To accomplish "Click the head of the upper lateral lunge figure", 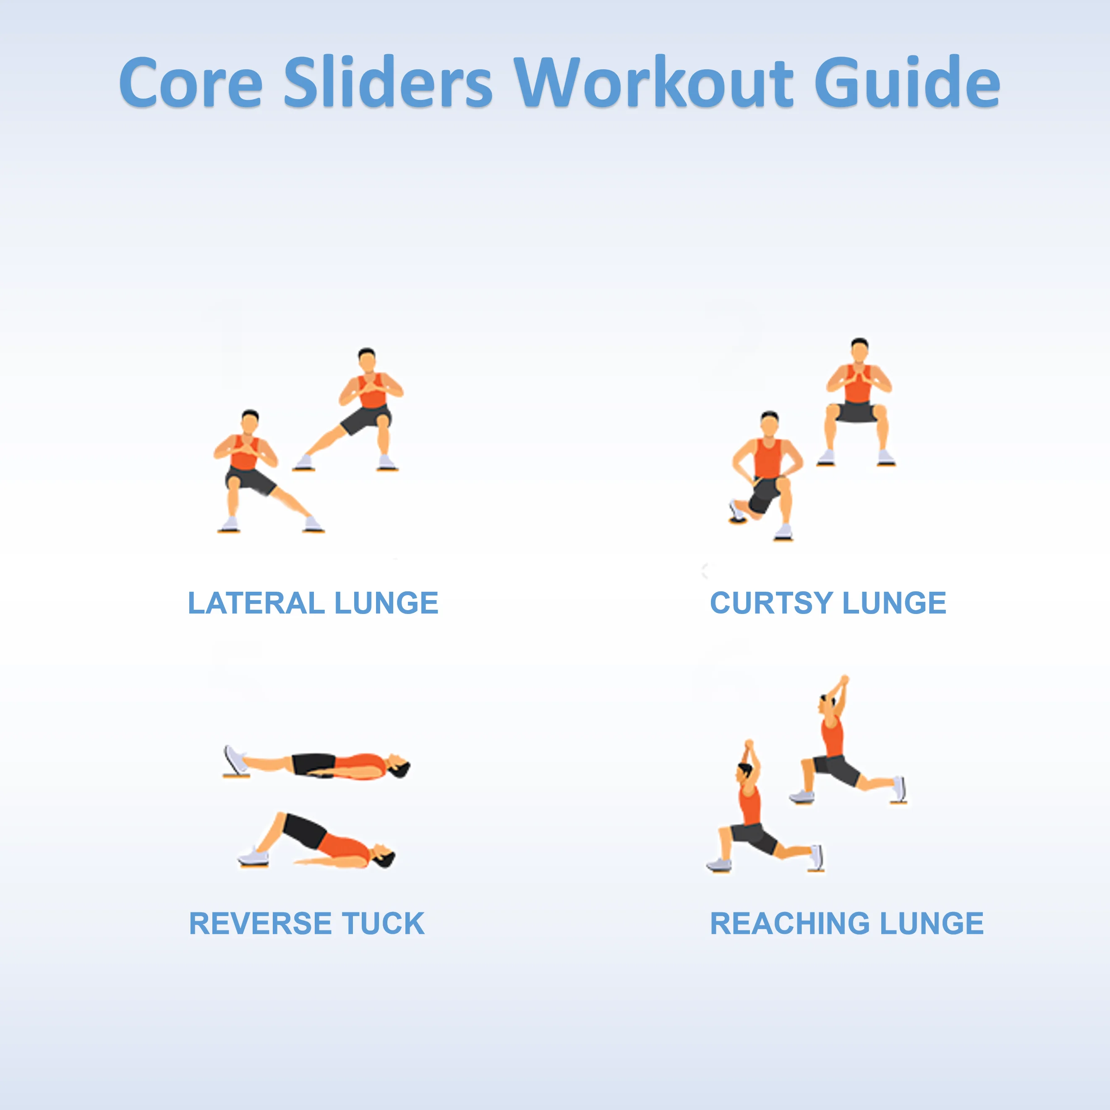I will pyautogui.click(x=366, y=360).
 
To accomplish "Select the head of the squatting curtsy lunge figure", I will pyautogui.click(x=859, y=350).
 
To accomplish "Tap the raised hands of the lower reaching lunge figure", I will pyautogui.click(x=749, y=747).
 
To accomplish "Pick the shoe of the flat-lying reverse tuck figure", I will pyautogui.click(x=235, y=760).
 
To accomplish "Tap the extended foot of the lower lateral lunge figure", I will pyautogui.click(x=313, y=524).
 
